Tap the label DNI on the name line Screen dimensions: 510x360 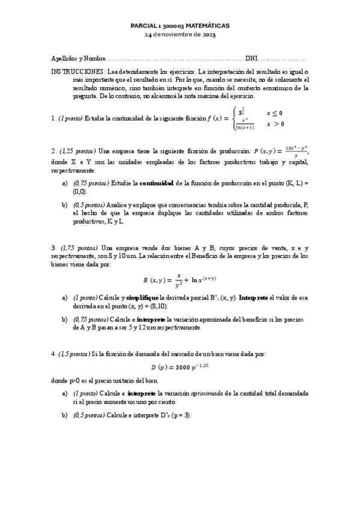click(x=252, y=59)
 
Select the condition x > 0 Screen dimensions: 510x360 click(x=275, y=124)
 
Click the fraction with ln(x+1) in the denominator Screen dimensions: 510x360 click(x=245, y=124)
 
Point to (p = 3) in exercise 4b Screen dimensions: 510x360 click(x=179, y=416)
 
